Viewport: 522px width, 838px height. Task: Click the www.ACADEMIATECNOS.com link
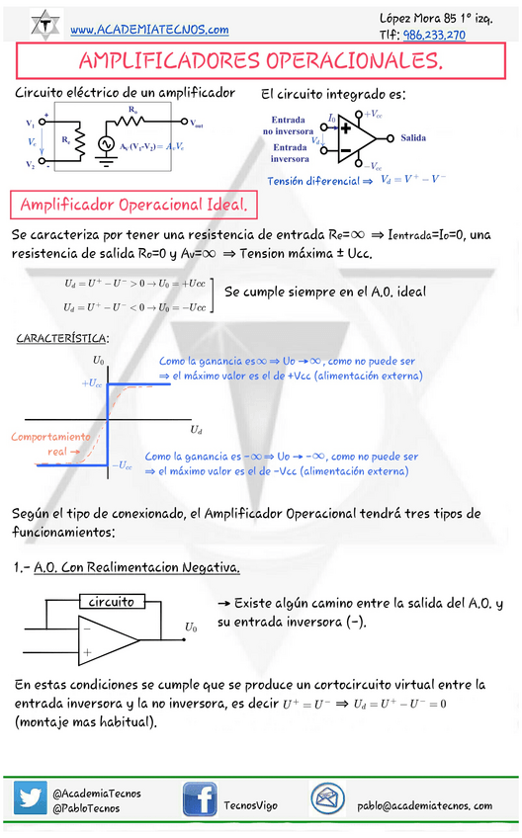[x=149, y=30]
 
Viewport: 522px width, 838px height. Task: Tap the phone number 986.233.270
[x=434, y=35]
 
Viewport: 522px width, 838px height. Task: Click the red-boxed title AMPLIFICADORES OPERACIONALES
[x=260, y=62]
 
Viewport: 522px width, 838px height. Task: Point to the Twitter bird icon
[x=31, y=798]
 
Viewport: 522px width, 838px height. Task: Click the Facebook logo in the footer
[x=199, y=799]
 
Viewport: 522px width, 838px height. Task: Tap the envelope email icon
[x=327, y=798]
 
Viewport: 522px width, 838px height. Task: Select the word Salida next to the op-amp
[x=413, y=138]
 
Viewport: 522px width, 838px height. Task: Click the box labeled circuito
[x=111, y=602]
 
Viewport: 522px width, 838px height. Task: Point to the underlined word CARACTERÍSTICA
[x=62, y=339]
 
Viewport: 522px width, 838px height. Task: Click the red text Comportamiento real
[x=49, y=444]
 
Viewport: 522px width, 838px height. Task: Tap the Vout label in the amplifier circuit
[x=197, y=124]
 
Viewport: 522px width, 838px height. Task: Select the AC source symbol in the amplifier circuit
[x=106, y=144]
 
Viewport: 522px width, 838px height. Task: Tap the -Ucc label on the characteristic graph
[x=122, y=464]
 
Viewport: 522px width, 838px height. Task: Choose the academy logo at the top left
[x=44, y=24]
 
